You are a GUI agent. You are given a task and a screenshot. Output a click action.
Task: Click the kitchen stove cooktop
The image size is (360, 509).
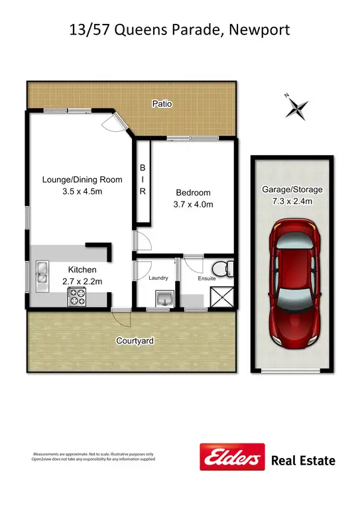coord(76,299)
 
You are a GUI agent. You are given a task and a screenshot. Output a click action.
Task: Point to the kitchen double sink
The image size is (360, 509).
coord(40,273)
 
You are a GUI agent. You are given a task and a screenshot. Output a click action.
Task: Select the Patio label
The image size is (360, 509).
coord(162,103)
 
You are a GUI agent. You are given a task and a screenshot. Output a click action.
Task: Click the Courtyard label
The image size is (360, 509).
coord(135,341)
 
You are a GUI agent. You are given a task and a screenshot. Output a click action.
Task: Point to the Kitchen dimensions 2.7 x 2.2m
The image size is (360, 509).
coord(82,282)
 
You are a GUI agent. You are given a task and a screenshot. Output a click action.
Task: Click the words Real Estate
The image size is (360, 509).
coord(304,461)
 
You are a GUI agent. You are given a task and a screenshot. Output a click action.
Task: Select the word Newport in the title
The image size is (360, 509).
coord(257,30)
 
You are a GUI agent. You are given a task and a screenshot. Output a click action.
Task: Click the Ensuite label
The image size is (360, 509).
coord(207,279)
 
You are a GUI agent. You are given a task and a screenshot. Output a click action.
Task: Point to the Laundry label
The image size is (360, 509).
coord(159,278)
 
